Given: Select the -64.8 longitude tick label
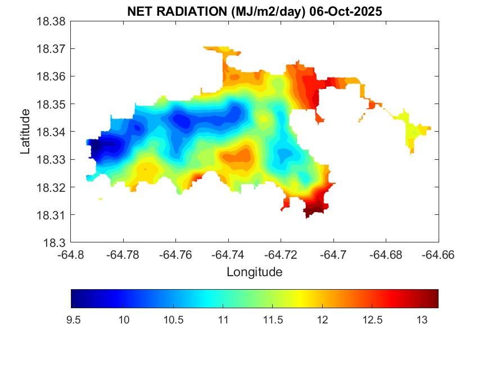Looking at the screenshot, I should point(71,255).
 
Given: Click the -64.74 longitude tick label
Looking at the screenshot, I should point(228,255).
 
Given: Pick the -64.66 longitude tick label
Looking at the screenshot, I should point(439,255).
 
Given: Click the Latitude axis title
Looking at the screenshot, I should point(25,132).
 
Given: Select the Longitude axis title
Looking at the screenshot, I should point(254,272).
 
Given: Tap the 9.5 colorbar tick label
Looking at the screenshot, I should point(73,319).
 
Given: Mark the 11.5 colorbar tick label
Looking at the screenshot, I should point(272,319).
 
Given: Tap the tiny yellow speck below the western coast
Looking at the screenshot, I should point(100,199).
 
